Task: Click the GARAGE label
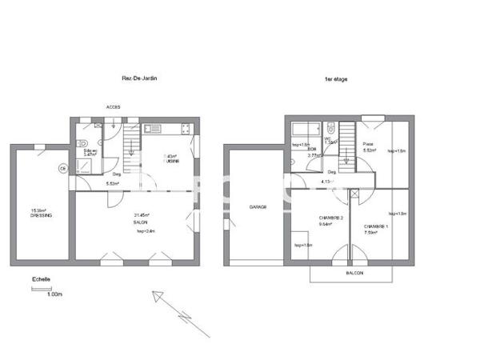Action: pyautogui.click(x=257, y=206)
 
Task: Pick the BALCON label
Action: pyautogui.click(x=355, y=273)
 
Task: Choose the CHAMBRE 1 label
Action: pyautogui.click(x=376, y=226)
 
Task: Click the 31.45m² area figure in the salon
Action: pyautogui.click(x=142, y=214)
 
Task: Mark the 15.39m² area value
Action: pyautogui.click(x=39, y=210)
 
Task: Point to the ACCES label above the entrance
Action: pyautogui.click(x=114, y=107)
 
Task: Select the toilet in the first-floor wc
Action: pyautogui.click(x=330, y=128)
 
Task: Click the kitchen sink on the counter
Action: pyautogui.click(x=152, y=128)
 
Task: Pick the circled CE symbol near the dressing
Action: pyautogui.click(x=62, y=169)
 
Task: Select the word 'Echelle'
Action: pyautogui.click(x=41, y=279)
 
